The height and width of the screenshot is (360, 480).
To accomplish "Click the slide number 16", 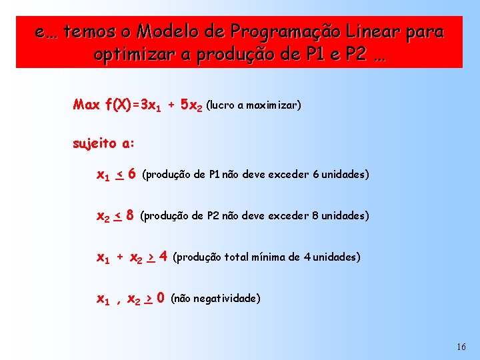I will coord(462,347).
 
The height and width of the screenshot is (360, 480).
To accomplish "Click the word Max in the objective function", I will coord(87,105).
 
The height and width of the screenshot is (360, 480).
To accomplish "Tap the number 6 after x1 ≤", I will coord(132,174).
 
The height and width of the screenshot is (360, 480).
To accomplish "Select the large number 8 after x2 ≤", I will coord(130,215).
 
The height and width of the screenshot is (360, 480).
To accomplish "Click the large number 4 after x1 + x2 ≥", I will coord(163,257).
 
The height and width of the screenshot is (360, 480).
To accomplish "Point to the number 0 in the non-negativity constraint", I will coord(161,298).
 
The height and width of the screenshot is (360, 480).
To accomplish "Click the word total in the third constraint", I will coord(235,257).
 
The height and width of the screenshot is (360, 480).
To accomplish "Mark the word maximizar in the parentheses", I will coord(272,105).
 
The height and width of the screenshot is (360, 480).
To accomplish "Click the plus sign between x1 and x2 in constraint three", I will coord(120,257).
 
